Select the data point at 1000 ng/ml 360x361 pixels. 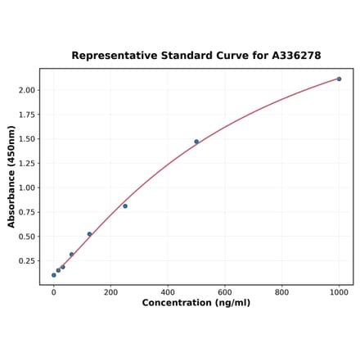click(x=339, y=79)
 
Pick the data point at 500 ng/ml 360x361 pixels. click(x=196, y=142)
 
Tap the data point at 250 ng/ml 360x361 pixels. click(x=125, y=206)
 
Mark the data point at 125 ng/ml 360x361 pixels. click(x=89, y=234)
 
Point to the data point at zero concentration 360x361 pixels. click(x=54, y=275)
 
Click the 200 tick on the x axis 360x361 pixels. click(x=110, y=291)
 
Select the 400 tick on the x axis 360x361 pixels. click(x=168, y=291)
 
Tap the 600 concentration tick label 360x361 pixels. click(x=225, y=291)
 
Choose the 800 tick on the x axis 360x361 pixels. click(x=281, y=291)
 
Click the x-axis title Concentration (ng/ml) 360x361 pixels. click(x=196, y=303)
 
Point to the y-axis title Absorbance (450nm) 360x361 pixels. click(x=11, y=177)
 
